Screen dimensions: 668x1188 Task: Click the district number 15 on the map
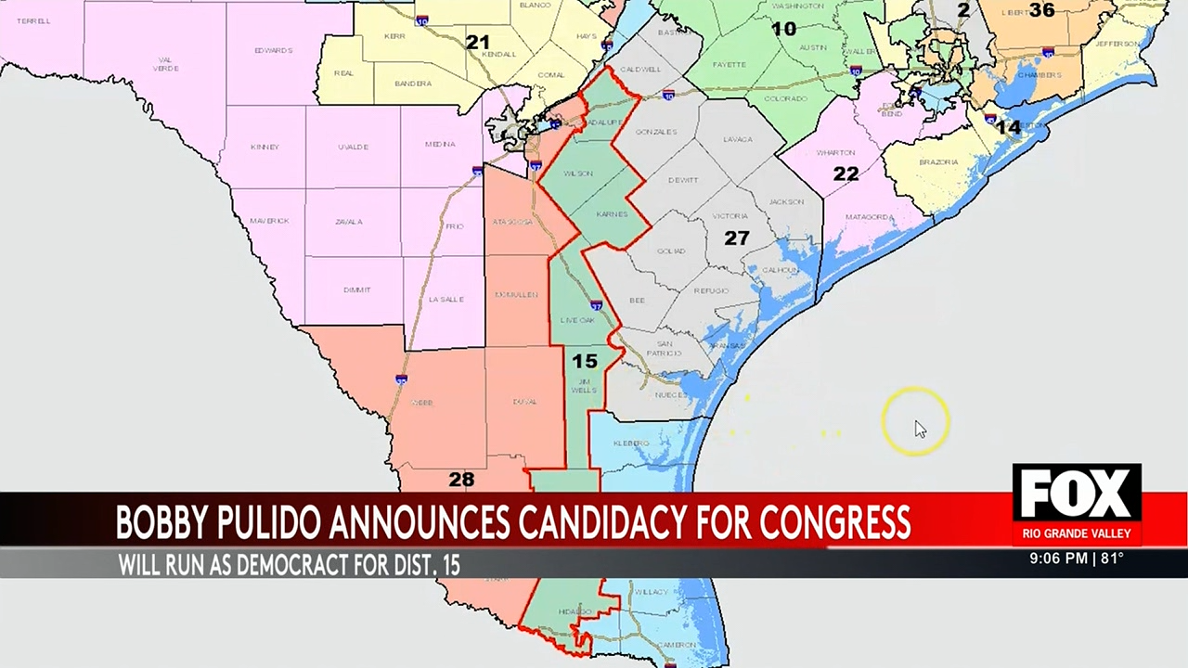[x=584, y=361]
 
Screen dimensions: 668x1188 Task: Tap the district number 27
[x=736, y=238]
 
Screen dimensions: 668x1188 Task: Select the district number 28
[x=461, y=479]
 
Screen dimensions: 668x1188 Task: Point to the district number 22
[x=846, y=173]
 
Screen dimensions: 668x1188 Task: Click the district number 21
[x=477, y=43]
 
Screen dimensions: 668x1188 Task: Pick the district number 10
[x=784, y=29]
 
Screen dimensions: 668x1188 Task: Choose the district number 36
[x=1041, y=10]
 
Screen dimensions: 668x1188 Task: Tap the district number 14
[x=1008, y=127]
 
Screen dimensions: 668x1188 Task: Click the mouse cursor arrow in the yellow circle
[x=919, y=429]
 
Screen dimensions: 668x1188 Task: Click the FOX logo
[x=1077, y=493]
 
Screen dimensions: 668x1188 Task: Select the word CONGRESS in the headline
[x=833, y=523]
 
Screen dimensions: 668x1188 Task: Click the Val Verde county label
[x=165, y=63]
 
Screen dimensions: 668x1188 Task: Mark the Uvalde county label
[x=353, y=147]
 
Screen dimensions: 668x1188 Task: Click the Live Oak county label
[x=577, y=320]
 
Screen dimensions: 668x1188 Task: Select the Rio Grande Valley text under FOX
[x=1077, y=533]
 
